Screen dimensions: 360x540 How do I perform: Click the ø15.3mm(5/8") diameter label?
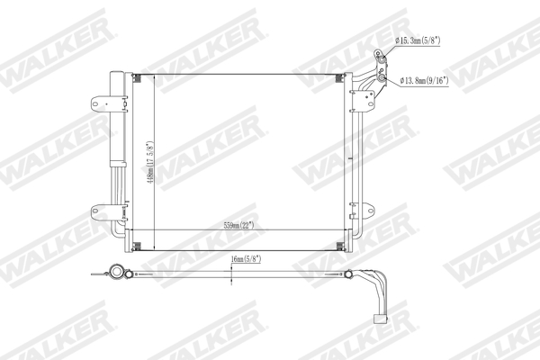(424, 40)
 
